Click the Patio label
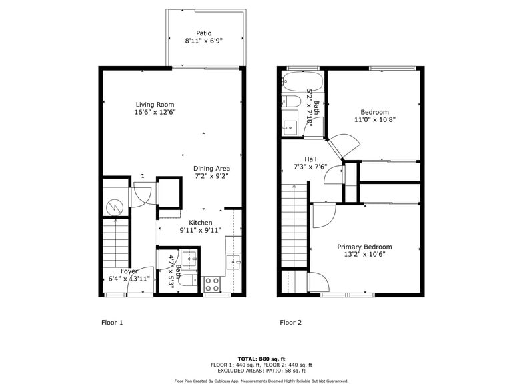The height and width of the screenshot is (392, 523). coord(203,33)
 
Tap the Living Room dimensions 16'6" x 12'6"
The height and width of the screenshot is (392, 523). coord(155,112)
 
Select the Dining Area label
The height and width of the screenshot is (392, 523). coord(211,169)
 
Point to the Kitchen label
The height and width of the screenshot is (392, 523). coord(201,223)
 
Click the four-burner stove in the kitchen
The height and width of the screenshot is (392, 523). coord(212,284)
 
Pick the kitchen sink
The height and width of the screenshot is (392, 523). coord(233,261)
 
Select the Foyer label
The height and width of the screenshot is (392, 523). coord(129,271)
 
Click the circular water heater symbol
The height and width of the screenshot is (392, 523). coord(115,207)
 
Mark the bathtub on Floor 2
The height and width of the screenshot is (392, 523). coord(302,83)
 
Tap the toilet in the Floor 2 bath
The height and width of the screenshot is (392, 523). coord(292,102)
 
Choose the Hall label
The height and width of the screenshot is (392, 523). coord(310,159)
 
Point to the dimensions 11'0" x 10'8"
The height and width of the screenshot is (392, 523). coord(374,120)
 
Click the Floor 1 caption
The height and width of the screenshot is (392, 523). coord(112,323)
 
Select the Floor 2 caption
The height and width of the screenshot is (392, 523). coord(290,323)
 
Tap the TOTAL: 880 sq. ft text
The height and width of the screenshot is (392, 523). coord(261,359)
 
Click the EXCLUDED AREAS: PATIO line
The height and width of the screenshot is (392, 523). coord(261,371)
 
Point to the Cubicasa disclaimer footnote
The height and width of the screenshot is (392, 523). coord(261,381)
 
